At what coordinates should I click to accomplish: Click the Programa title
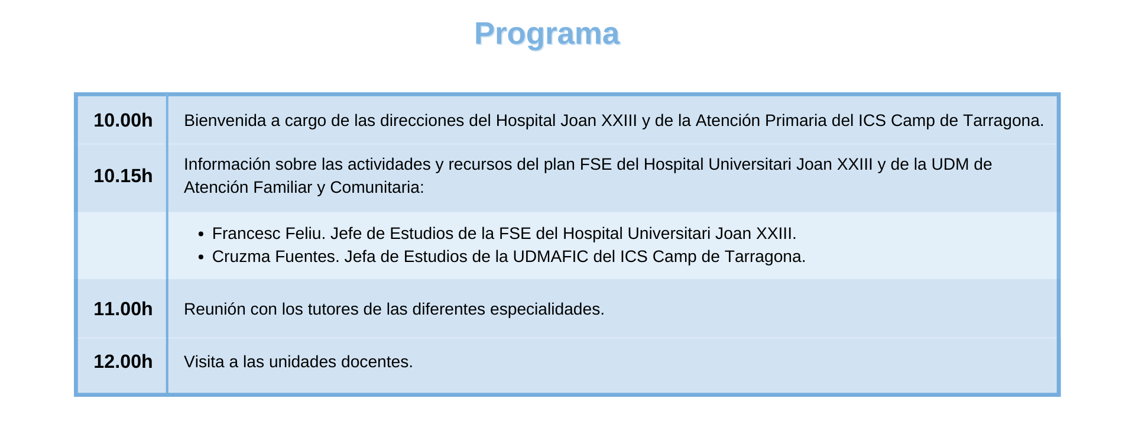pos(547,34)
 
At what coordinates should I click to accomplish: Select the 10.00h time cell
pos(123,120)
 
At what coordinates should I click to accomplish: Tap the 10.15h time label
pos(123,176)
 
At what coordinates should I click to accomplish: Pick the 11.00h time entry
pos(123,309)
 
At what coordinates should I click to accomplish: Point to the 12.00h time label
pos(123,361)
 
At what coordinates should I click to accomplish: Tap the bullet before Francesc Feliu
pos(201,235)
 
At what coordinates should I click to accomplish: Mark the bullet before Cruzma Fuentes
pos(201,258)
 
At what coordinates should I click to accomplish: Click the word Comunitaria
pos(377,187)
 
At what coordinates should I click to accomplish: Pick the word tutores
pos(330,309)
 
